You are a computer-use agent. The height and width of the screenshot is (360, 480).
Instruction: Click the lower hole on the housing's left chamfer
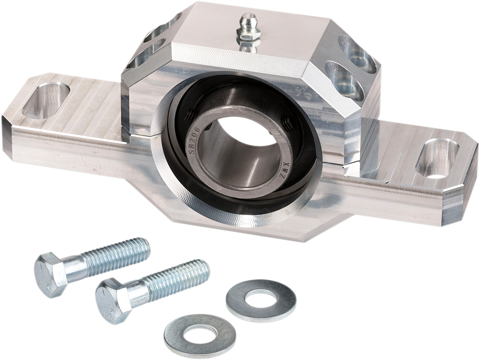point(146,55)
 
